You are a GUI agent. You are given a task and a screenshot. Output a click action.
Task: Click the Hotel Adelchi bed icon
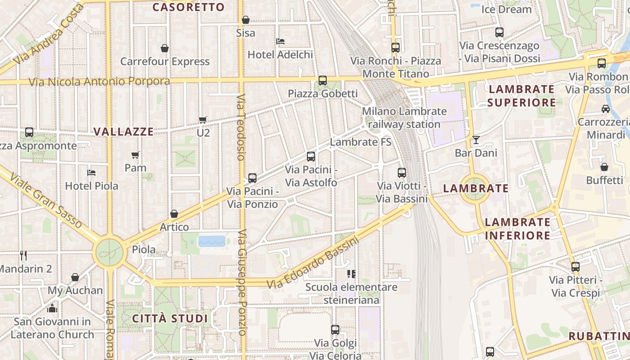pos(280,41)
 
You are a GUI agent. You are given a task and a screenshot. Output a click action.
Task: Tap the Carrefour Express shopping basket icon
pos(165,48)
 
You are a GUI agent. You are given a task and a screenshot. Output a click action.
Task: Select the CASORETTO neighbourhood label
pos(188,7)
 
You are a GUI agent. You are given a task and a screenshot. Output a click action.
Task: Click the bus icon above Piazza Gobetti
pos(323,81)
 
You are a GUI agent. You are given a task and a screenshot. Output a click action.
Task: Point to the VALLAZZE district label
pos(123,132)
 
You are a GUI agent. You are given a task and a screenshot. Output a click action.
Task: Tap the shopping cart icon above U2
pos(203,120)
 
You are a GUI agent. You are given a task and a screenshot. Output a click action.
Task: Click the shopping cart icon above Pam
pos(135,155)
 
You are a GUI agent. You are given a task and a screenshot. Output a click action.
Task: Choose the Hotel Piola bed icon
pos(91,173)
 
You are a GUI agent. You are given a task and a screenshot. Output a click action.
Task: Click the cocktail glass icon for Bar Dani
pos(476,140)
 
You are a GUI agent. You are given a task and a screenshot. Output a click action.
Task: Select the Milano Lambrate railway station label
pos(404,117)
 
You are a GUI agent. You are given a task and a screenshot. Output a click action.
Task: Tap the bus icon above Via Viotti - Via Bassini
pos(402,173)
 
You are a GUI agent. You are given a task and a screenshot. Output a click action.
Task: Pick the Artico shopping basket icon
pos(174,214)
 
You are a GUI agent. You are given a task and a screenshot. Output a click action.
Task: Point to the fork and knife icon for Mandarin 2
pos(23,256)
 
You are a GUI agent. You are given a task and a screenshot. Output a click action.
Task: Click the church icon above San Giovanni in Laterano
pos(52,309)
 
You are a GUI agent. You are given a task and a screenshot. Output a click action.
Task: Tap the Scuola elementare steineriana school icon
pos(351,274)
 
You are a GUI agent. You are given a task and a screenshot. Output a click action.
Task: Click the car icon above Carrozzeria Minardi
pos(606,109)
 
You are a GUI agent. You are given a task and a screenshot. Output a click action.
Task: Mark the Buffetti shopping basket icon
pos(604,167)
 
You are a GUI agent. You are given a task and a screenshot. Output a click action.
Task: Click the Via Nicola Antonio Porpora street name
pos(99,82)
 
